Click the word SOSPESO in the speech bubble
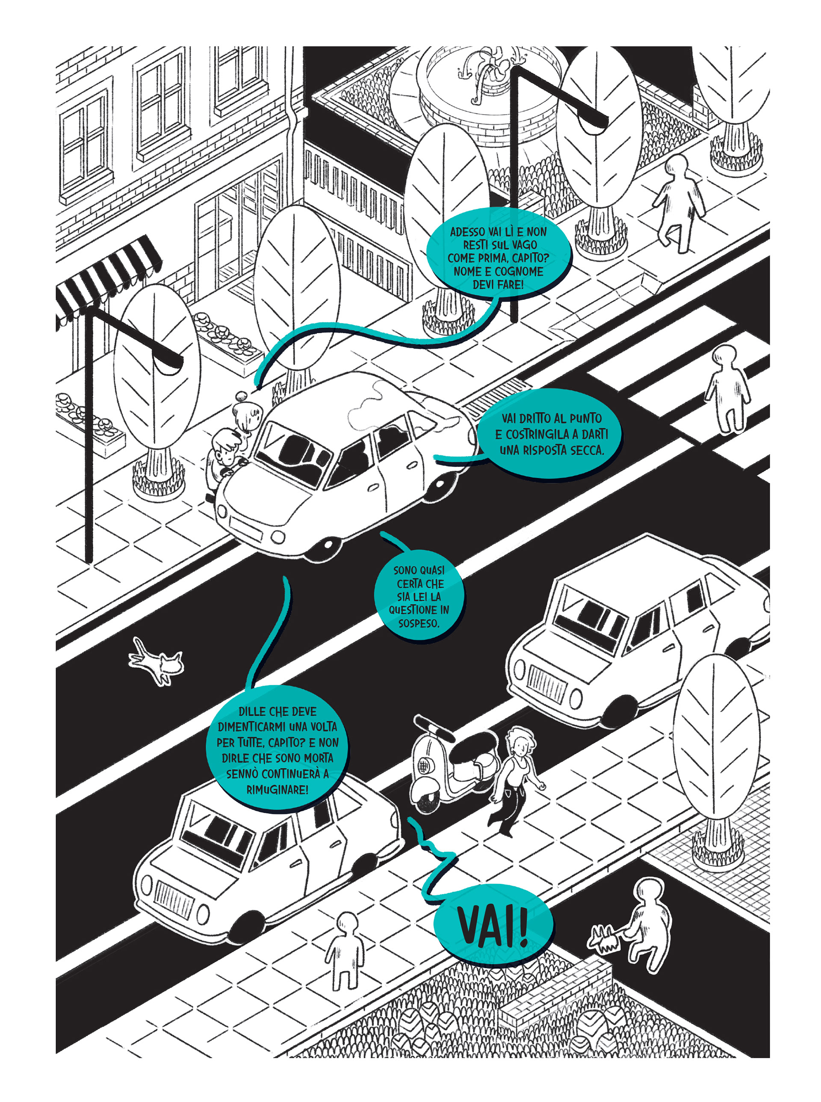click(x=419, y=623)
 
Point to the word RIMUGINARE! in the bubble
click(x=278, y=789)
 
